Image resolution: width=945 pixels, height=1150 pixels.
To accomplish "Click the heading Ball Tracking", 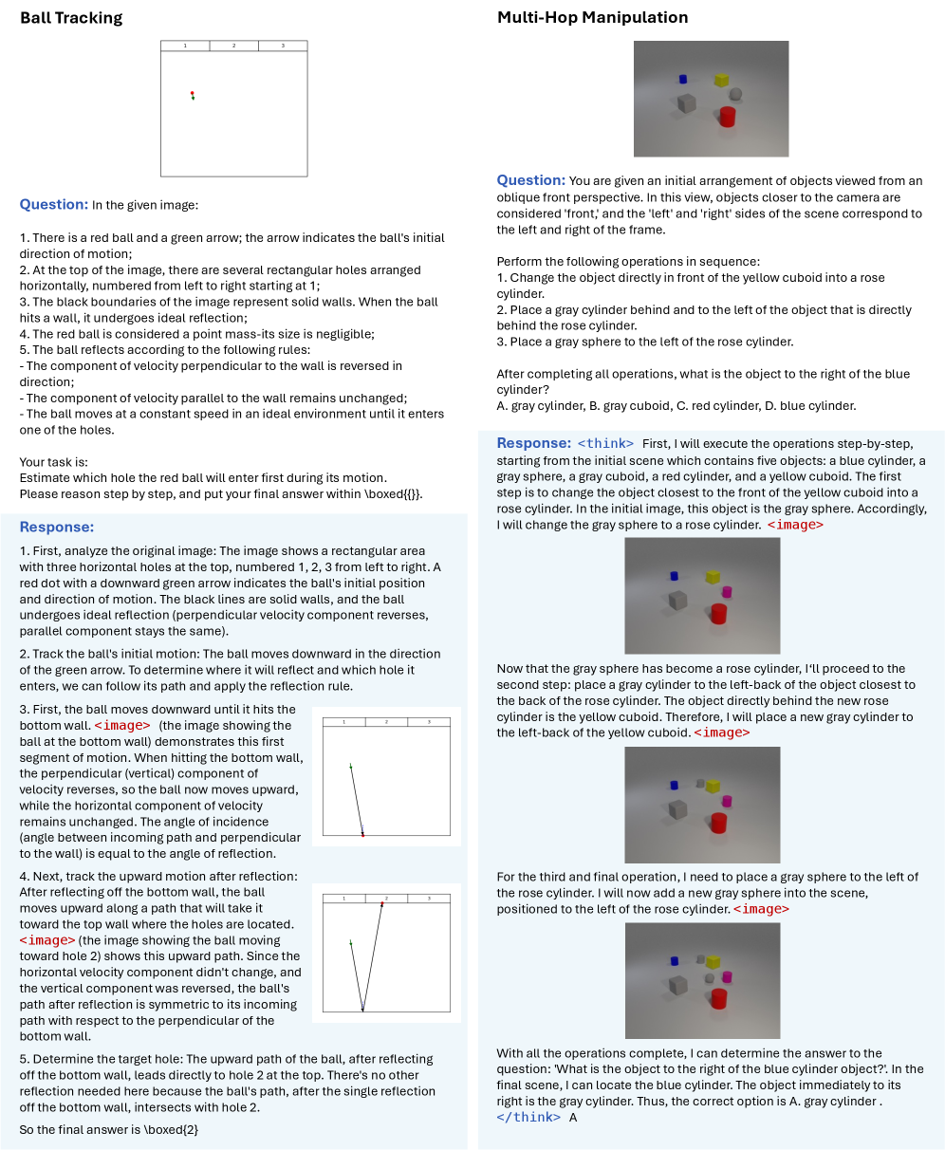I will pos(71,18).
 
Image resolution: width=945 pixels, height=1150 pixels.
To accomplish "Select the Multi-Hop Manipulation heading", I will pos(593,18).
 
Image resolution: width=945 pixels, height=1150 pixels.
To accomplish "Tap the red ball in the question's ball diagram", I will pos(192,93).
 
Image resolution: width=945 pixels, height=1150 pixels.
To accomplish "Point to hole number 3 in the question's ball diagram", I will pos(283,46).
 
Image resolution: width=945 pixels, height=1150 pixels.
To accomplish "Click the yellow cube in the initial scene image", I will pos(721,80).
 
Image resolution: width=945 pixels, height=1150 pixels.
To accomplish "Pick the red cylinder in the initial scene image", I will pos(728,117).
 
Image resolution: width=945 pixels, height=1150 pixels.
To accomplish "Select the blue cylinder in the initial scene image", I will pos(682,80).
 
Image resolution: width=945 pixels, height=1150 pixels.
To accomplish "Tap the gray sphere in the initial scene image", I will pos(735,93).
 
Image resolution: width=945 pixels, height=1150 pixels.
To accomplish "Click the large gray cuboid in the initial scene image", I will pos(687,102).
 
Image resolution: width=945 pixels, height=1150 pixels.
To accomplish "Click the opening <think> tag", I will pos(605,443).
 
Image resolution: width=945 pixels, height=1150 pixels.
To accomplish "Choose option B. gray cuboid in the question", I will pos(621,406).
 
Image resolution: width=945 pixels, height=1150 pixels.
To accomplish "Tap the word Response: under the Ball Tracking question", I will pos(56,528).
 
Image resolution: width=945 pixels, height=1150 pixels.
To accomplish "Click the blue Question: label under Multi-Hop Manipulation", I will pos(531,180).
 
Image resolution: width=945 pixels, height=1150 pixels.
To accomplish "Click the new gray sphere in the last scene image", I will pos(709,978).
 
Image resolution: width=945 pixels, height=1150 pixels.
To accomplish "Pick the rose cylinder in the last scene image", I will pos(728,976).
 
